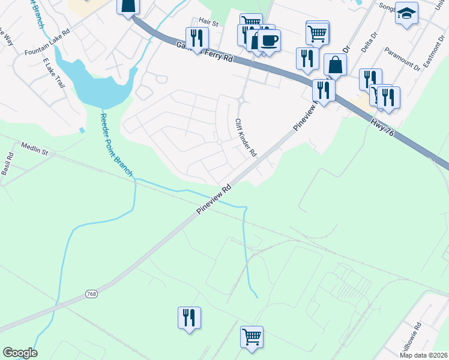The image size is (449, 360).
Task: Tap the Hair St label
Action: pyautogui.click(x=208, y=22)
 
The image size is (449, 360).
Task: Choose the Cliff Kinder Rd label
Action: pyautogui.click(x=246, y=137)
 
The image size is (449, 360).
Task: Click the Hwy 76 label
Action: pyautogui.click(x=382, y=127)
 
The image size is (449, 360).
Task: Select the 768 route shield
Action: pyautogui.click(x=91, y=294)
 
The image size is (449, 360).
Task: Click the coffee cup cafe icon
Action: pyautogui.click(x=269, y=40)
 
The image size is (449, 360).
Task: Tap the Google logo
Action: pyautogui.click(x=19, y=353)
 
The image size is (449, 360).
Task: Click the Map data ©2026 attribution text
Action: pyautogui.click(x=423, y=355)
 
